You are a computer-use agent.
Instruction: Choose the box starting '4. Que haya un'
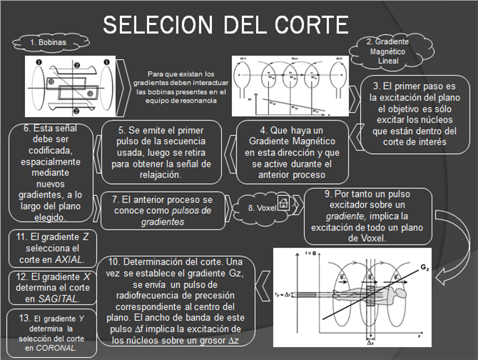(292, 152)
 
